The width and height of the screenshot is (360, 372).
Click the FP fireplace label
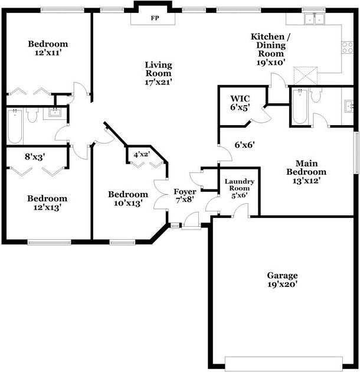[155, 18]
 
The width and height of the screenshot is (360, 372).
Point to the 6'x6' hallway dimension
[244, 144]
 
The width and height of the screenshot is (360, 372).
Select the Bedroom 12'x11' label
[48, 48]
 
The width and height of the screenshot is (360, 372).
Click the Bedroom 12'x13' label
[47, 203]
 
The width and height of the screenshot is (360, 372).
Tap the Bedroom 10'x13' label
[127, 199]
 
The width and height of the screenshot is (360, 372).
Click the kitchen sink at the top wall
[313, 19]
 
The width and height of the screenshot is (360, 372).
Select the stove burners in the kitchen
[348, 47]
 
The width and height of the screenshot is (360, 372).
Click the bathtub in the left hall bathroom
[14, 125]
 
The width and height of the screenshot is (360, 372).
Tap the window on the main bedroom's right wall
[356, 152]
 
